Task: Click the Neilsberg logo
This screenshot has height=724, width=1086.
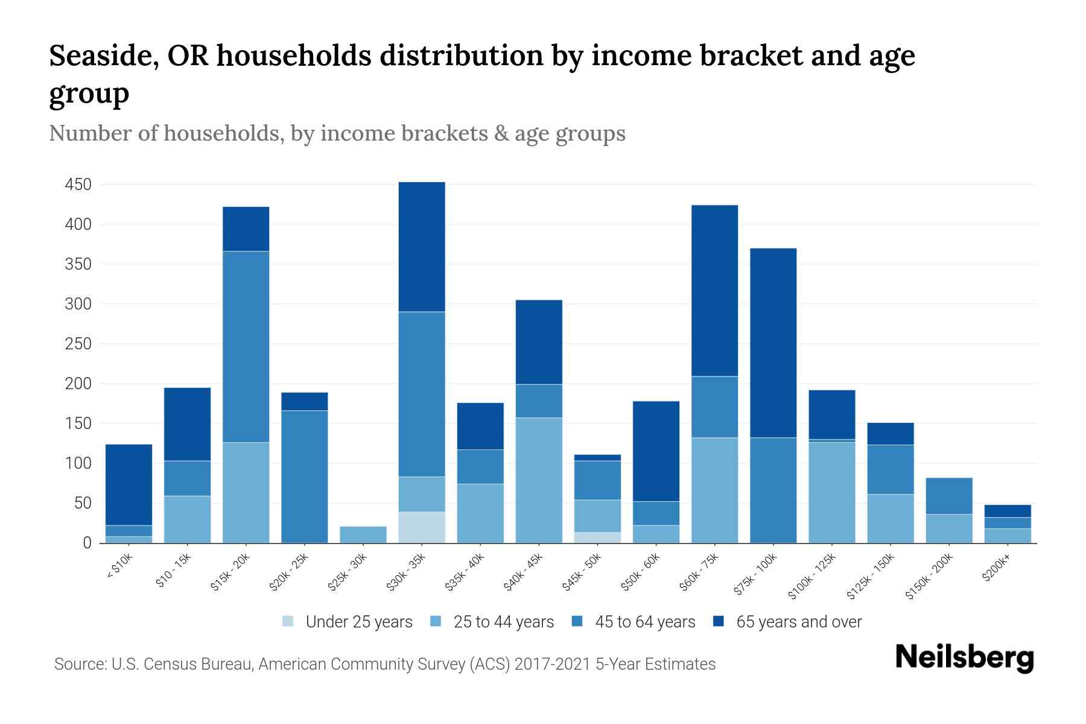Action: (x=964, y=658)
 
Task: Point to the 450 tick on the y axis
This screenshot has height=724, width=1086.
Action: (x=78, y=185)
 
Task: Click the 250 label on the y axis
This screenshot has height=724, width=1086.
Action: (x=78, y=344)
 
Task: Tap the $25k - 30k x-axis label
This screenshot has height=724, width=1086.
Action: (x=349, y=571)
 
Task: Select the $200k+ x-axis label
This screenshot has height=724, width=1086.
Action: (x=996, y=568)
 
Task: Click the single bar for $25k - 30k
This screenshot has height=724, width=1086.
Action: (x=363, y=535)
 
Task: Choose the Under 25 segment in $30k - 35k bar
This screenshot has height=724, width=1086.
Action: (x=422, y=527)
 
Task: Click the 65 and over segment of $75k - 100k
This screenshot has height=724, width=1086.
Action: (x=773, y=343)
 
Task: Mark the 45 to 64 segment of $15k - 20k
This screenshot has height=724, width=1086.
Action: (x=246, y=347)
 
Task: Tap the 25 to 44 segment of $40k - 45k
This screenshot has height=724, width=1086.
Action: (x=539, y=480)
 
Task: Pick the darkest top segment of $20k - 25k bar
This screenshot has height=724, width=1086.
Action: (x=305, y=402)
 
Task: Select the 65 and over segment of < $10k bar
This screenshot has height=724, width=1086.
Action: (x=129, y=485)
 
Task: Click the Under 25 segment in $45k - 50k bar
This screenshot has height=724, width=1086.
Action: (x=597, y=538)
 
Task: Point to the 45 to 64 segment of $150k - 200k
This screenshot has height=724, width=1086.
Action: (x=949, y=496)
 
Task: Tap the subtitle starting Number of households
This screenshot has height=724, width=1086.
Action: (x=337, y=133)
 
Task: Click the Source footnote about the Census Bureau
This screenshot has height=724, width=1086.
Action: (x=385, y=664)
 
